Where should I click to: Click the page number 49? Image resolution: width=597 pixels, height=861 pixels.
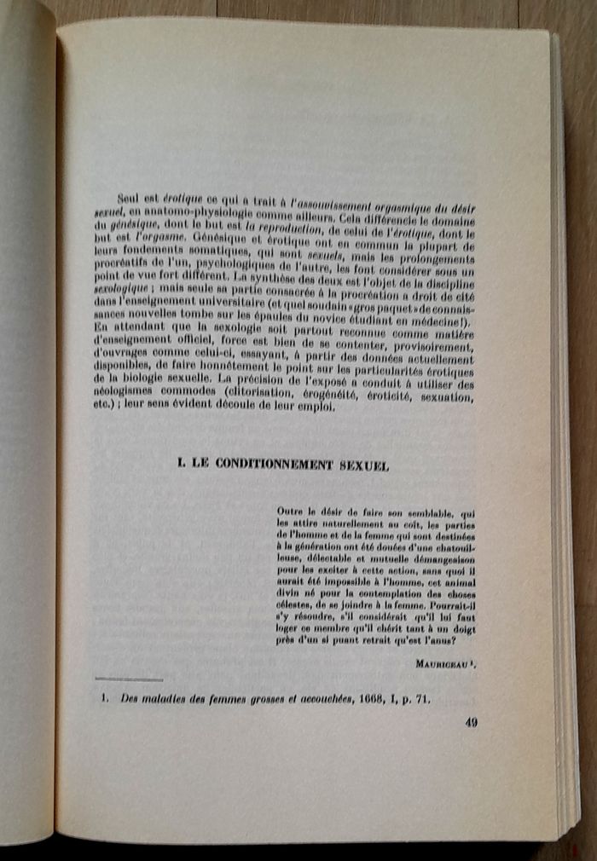(x=472, y=723)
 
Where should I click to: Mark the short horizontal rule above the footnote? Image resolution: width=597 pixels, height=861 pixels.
(x=129, y=679)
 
